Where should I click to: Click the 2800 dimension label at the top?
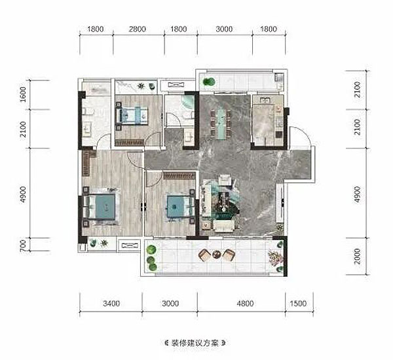click(137, 29)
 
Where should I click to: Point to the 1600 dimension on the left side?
click(23, 94)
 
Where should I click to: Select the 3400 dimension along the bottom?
click(111, 304)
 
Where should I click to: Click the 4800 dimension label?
click(245, 304)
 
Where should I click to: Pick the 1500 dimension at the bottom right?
click(298, 304)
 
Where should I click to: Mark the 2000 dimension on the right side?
click(358, 257)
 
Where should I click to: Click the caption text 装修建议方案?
click(195, 343)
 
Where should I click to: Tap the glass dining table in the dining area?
click(221, 124)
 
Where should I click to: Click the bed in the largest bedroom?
click(100, 207)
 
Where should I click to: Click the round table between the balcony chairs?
click(216, 255)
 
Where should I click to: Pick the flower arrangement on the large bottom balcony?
click(275, 257)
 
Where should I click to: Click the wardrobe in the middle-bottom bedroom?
click(179, 175)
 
